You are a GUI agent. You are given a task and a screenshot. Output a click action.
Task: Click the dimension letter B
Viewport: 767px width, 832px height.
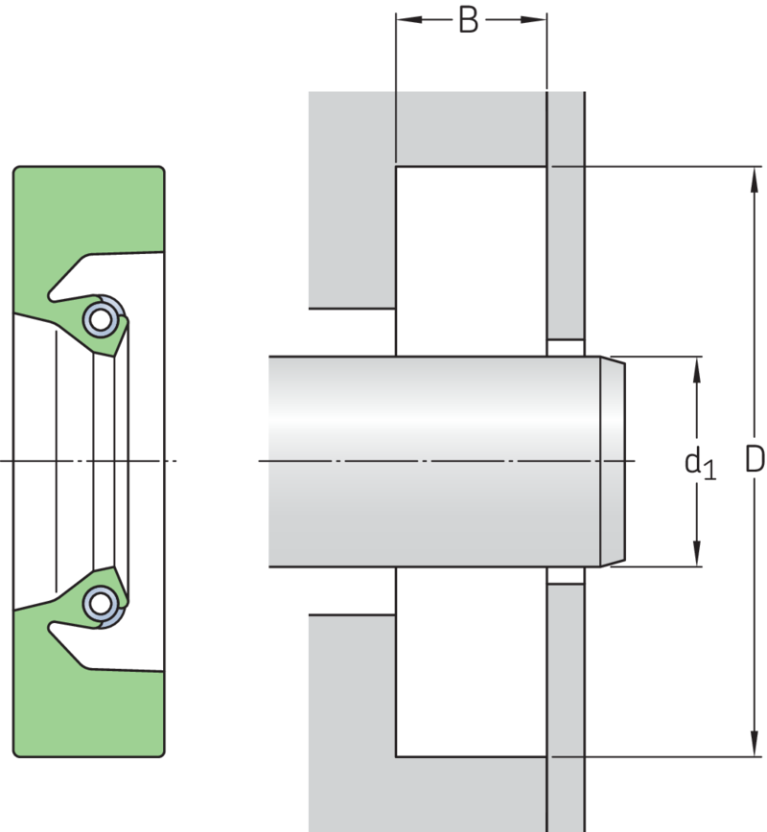point(468,21)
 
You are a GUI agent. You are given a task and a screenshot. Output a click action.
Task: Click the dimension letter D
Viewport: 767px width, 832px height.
point(755,459)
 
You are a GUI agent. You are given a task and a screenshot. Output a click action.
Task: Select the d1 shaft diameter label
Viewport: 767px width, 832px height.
point(700,464)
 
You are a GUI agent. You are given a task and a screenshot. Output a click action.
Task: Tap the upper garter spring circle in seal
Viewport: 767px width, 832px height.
point(101,319)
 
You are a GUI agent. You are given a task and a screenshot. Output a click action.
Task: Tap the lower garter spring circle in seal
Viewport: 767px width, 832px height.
point(101,603)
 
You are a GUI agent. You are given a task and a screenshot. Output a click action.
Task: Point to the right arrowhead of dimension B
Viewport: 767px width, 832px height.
point(533,19)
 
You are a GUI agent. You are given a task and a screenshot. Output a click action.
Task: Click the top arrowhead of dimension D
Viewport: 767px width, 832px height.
point(755,179)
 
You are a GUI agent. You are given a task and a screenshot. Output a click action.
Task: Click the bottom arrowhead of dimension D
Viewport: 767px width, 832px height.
point(755,744)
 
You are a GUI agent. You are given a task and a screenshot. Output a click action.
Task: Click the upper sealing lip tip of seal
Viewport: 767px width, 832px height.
point(113,356)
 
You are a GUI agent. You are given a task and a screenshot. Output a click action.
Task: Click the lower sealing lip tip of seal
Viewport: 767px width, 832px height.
point(113,567)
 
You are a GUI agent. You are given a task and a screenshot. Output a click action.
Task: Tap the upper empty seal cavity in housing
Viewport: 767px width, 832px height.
point(472,261)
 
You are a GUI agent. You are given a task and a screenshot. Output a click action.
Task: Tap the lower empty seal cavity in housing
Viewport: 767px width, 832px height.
point(472,661)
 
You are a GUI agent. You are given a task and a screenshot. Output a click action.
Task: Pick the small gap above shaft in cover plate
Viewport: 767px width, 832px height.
point(566,348)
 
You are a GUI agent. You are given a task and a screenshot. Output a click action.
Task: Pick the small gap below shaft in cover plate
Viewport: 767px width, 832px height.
point(566,575)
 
